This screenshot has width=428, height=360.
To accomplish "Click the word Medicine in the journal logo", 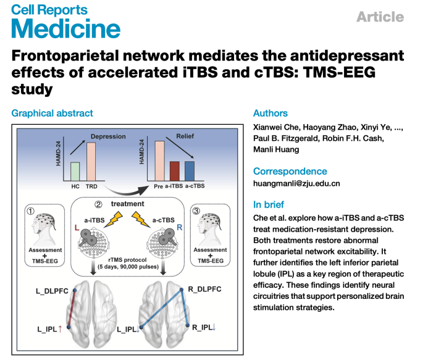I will [x=65, y=28].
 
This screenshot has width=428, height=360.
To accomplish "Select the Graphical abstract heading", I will [x=52, y=113].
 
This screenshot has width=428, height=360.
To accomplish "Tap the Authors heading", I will [x=271, y=113].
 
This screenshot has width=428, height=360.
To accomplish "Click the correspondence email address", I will [x=296, y=183].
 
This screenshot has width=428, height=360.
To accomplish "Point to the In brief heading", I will [x=270, y=204].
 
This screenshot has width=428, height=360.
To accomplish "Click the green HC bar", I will [x=75, y=172].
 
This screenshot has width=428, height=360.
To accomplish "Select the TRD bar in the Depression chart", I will [x=91, y=162].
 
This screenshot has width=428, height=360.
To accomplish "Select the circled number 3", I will [x=196, y=211].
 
